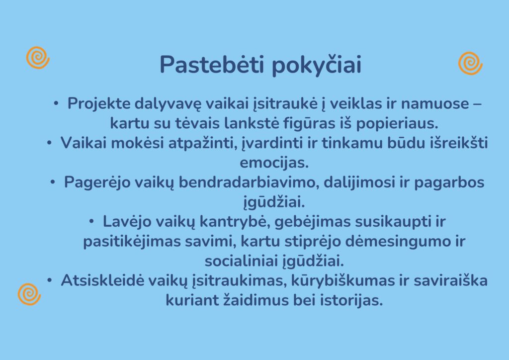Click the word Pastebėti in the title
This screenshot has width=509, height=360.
tap(212, 64)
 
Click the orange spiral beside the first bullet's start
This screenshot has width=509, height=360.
tap(38, 58)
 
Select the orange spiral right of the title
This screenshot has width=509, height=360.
tap(470, 63)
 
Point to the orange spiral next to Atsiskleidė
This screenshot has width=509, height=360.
tap(29, 294)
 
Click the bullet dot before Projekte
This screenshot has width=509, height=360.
tap(56, 103)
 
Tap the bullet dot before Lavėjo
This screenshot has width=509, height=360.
tap(91, 222)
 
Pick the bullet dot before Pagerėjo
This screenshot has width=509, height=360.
tap(53, 182)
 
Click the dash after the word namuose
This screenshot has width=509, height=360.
tap(478, 104)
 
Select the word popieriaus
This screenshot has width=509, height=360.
tap(397, 124)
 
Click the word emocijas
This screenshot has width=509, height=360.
tap(274, 163)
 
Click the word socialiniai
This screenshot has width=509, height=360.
tap(241, 261)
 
